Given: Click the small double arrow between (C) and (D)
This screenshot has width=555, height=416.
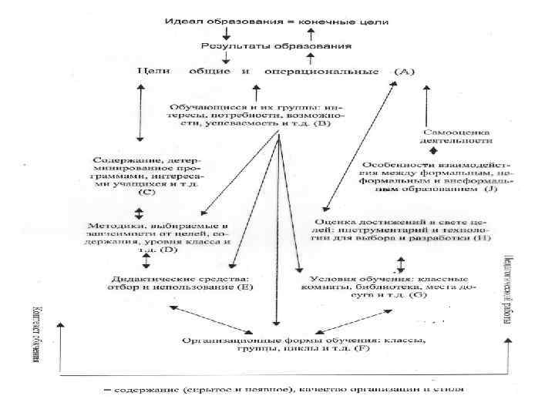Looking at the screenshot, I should (140, 213).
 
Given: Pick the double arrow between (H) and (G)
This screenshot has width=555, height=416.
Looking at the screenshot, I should (400, 265).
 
